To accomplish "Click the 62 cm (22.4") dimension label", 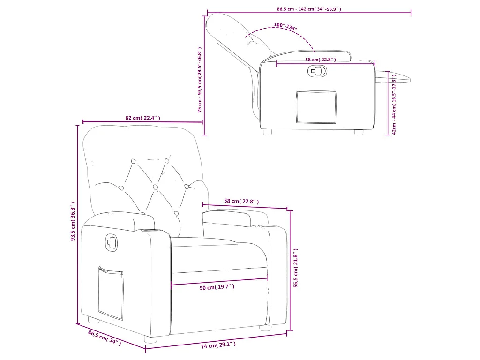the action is pos(142,118).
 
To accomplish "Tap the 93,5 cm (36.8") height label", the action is pos(73,221).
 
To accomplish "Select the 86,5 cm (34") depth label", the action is pos(105,338).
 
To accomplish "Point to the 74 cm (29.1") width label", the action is pos(218,345).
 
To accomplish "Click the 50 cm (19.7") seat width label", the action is pos(217,287).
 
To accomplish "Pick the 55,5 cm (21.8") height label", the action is pos(296,268).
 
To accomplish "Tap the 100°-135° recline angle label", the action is pos(285,27).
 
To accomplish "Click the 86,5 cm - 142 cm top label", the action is pos(309,9).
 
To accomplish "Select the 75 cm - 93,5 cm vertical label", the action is pos(200,80).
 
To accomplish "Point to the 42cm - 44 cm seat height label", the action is pos(394,104).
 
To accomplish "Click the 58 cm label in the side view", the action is pos(321,60).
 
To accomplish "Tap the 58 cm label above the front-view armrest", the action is pos(241,201).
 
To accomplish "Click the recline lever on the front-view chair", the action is pos(111,242).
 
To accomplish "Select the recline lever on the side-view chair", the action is pos(317,71).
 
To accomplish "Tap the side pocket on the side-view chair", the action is pos(316,106).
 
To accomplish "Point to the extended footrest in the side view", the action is pos(393,77).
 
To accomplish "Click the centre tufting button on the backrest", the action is pos(155,187).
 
